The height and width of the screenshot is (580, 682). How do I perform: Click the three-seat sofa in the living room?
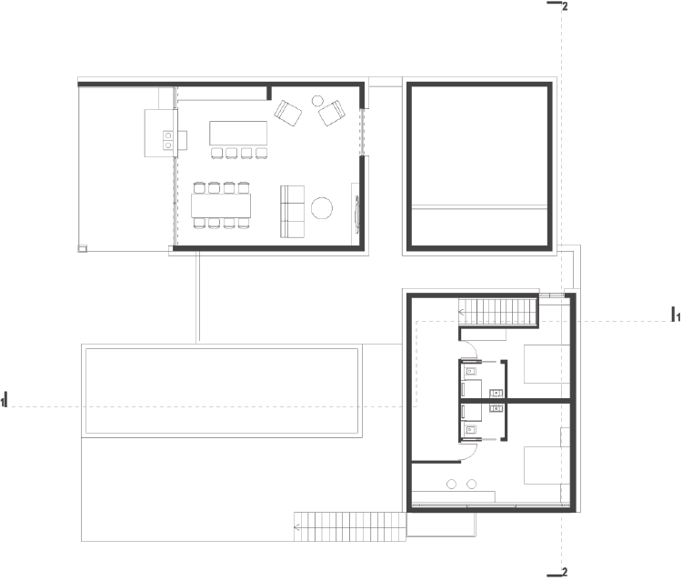pos(292,212)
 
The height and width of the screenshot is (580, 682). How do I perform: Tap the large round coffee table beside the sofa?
pos(322,208)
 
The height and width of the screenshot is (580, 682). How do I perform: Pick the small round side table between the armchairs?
pos(317,101)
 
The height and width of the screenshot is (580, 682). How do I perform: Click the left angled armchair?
pos(288,113)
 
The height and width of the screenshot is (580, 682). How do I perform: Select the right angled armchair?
pos(332,113)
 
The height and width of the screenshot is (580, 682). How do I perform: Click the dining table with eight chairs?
pos(221,205)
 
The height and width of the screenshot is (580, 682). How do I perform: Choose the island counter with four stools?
pos(238,139)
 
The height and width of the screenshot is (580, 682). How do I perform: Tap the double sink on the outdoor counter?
pos(168,141)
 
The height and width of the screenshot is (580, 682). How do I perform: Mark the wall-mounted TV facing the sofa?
pos(357,212)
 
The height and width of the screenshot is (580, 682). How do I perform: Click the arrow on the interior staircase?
pos(462,312)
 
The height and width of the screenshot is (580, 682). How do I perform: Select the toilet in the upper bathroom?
pos(470,371)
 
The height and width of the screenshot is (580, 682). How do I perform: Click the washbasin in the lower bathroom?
pos(496,408)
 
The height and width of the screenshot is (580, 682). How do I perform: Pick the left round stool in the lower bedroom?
pos(451,484)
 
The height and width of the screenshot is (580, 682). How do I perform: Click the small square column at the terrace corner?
pos(82,249)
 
